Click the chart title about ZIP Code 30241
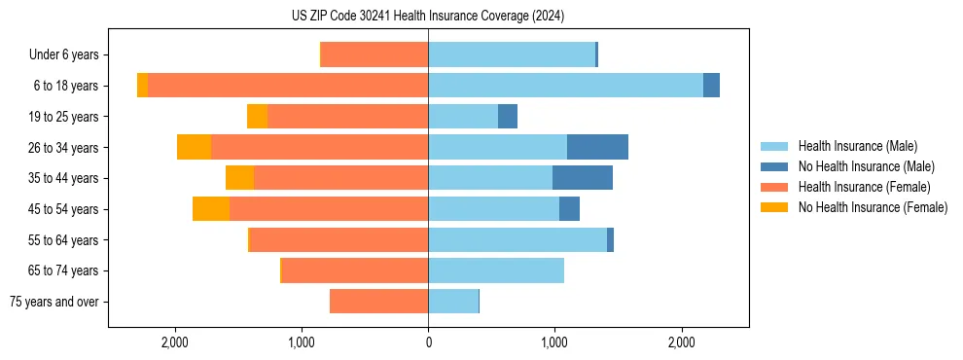428,17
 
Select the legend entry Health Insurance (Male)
857,146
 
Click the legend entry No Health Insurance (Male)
866,166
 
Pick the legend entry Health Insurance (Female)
864,187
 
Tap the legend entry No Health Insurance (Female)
873,207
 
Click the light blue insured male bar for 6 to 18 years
565,86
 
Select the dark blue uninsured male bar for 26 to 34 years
597,147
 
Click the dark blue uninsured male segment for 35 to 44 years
583,178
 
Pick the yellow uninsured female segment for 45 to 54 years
211,209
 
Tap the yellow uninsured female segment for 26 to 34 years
195,147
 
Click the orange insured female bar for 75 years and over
379,302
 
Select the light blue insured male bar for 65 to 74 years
496,270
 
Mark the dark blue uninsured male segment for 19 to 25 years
508,117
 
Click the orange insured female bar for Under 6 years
374,54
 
